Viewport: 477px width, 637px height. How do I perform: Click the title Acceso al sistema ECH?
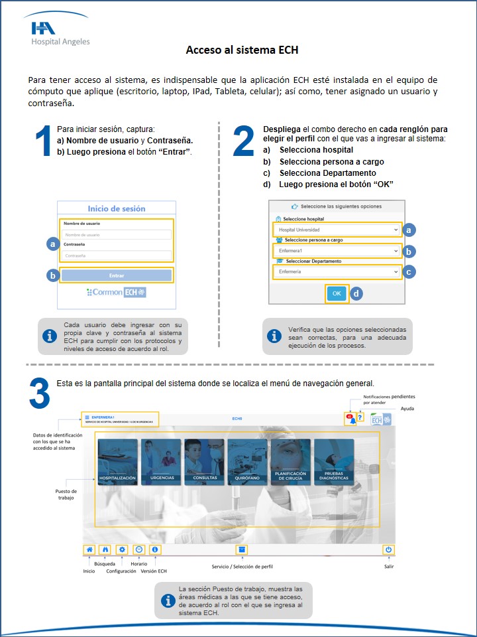pyautogui.click(x=242, y=50)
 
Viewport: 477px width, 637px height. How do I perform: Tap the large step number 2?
pyautogui.click(x=243, y=142)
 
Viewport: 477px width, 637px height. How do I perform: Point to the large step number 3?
pyautogui.click(x=39, y=394)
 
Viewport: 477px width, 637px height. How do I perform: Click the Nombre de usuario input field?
pyautogui.click(x=116, y=234)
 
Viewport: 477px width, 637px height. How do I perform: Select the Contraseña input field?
pyautogui.click(x=116, y=255)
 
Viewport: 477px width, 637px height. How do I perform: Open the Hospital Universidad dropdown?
pyautogui.click(x=337, y=230)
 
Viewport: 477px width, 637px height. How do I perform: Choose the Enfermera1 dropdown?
pyautogui.click(x=337, y=251)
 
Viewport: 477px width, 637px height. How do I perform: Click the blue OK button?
pyautogui.click(x=337, y=293)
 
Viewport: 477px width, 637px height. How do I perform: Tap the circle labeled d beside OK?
pyautogui.click(x=356, y=293)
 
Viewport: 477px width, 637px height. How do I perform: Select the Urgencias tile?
pyautogui.click(x=160, y=462)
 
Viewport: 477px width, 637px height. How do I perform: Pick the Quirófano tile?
pyautogui.click(x=247, y=462)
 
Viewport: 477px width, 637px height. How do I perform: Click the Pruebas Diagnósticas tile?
pyautogui.click(x=334, y=462)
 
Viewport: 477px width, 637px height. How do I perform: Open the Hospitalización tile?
pyautogui.click(x=117, y=462)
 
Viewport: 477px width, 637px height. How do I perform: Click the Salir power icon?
pyautogui.click(x=388, y=549)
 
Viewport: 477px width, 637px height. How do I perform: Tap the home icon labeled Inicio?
pyautogui.click(x=89, y=549)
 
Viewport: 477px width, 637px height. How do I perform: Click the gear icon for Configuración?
pyautogui.click(x=121, y=549)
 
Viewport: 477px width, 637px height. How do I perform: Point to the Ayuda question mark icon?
pyautogui.click(x=360, y=417)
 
